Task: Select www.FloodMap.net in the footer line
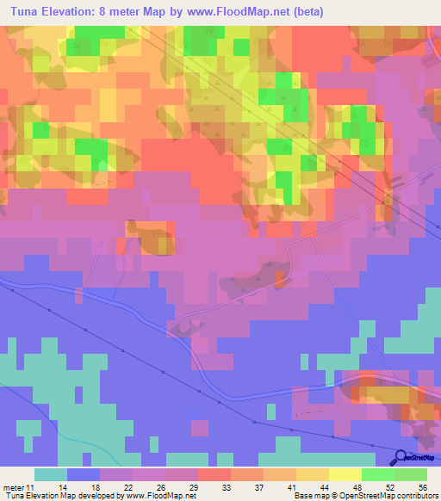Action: pos(158,496)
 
